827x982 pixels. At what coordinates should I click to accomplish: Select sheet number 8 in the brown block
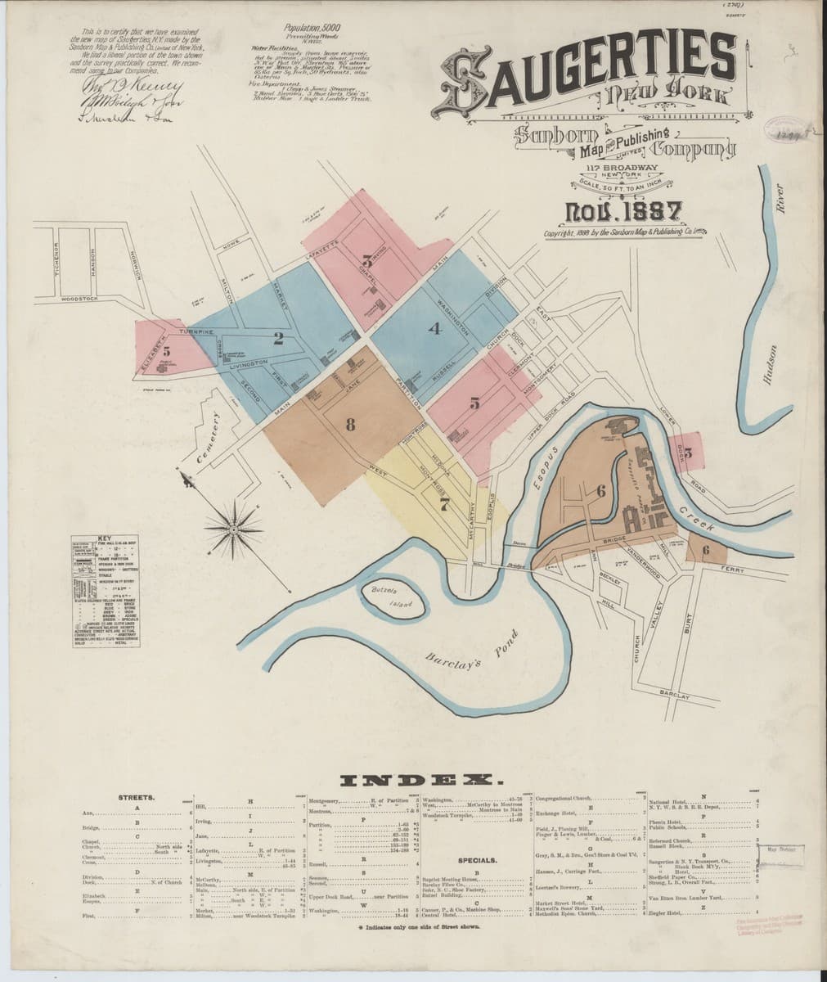[351, 423]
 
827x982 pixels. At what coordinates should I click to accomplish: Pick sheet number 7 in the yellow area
[444, 505]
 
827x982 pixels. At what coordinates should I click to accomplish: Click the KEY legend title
[103, 538]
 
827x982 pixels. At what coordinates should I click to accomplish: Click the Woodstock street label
[78, 300]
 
